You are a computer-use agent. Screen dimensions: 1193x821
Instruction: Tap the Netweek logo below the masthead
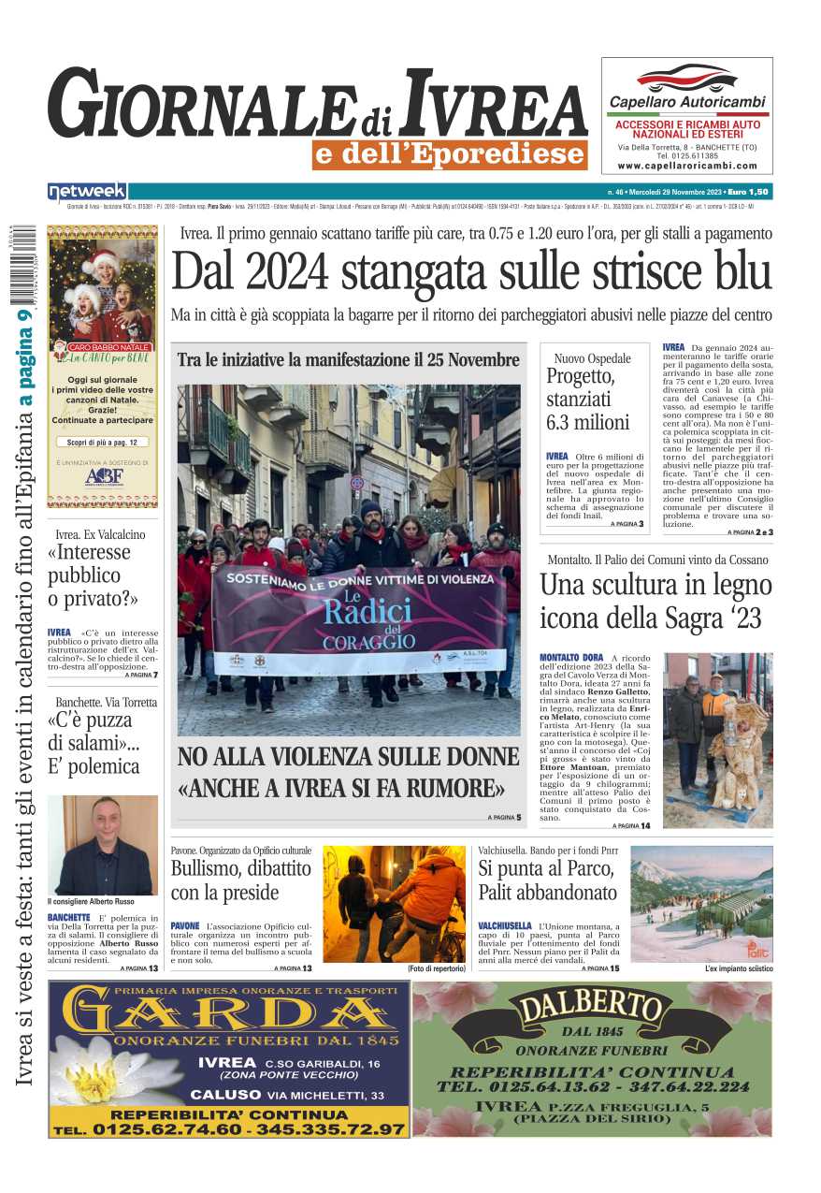click(87, 192)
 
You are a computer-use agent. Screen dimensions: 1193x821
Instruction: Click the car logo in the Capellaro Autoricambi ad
click(686, 78)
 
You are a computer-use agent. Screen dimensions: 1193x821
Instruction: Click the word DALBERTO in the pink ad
click(590, 1009)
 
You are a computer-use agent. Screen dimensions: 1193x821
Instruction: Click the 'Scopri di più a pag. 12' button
click(102, 442)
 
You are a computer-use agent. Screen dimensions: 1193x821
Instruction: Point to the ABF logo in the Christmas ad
click(103, 475)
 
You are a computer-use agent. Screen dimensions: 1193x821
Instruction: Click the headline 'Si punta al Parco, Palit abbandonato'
click(547, 880)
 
